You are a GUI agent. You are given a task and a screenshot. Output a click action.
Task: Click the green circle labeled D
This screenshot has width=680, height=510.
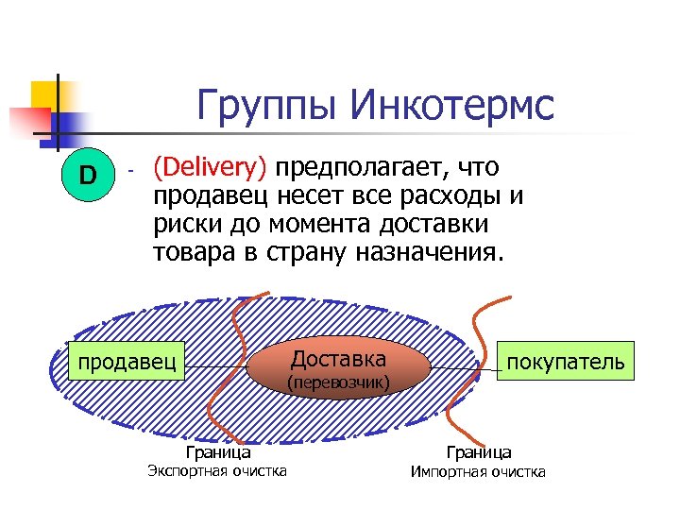(x=88, y=175)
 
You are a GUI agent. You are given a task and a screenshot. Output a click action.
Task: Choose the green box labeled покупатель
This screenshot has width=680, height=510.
(x=565, y=362)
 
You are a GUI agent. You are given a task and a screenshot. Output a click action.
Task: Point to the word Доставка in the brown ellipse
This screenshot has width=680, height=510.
(x=337, y=359)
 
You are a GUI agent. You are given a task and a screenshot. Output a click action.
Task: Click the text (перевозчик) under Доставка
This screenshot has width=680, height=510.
(x=337, y=382)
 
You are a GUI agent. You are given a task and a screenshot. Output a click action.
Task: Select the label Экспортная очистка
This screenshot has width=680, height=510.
(x=218, y=471)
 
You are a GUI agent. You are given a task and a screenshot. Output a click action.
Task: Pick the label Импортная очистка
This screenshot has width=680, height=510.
(x=478, y=472)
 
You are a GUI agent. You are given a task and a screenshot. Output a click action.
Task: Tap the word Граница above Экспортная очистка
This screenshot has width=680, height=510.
(x=218, y=452)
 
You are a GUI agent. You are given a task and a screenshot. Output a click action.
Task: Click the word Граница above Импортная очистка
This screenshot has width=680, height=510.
(x=479, y=452)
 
